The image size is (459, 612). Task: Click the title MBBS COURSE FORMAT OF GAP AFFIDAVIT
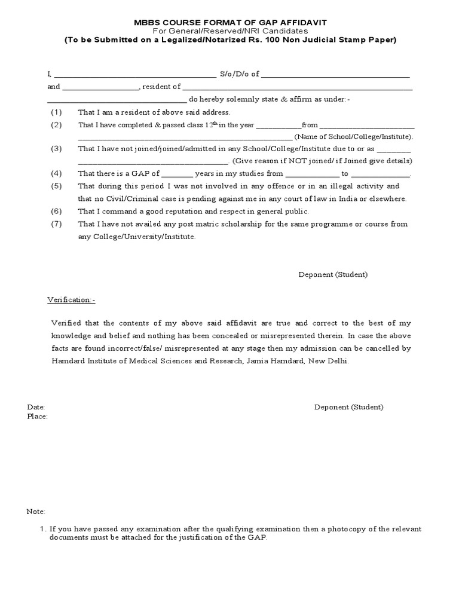click(x=230, y=22)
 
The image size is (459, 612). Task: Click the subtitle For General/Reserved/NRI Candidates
click(x=230, y=30)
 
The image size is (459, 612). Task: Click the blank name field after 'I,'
click(x=135, y=74)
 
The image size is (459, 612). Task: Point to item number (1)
click(x=56, y=112)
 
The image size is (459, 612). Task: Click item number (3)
click(x=56, y=149)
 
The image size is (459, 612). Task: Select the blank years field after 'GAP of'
click(x=178, y=174)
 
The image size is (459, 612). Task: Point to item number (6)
click(x=56, y=212)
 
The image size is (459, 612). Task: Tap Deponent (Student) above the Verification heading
click(x=333, y=274)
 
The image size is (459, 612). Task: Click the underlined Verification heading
click(x=71, y=298)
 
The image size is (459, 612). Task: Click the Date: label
click(x=36, y=407)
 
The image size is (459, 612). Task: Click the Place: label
click(x=37, y=417)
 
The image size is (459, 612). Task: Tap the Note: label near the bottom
click(x=36, y=512)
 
